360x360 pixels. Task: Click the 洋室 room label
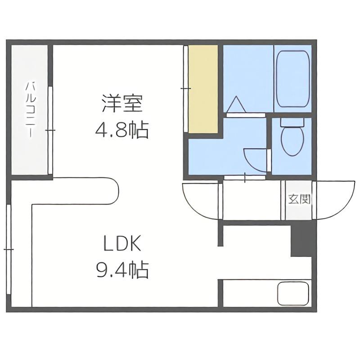[122, 103]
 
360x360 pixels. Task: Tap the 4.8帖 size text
[122, 130]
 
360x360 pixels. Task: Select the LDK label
[122, 243]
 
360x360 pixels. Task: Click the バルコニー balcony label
[31, 110]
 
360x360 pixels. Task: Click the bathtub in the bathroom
[293, 78]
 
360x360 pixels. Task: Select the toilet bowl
[292, 141]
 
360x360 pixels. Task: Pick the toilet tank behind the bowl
[292, 122]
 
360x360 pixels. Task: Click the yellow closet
[203, 89]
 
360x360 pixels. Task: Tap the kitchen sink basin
[293, 293]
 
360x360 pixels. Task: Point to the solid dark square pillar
[301, 241]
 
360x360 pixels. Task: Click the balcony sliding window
[50, 130]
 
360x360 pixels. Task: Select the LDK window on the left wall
[9, 249]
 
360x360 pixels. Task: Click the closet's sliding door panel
[186, 89]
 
